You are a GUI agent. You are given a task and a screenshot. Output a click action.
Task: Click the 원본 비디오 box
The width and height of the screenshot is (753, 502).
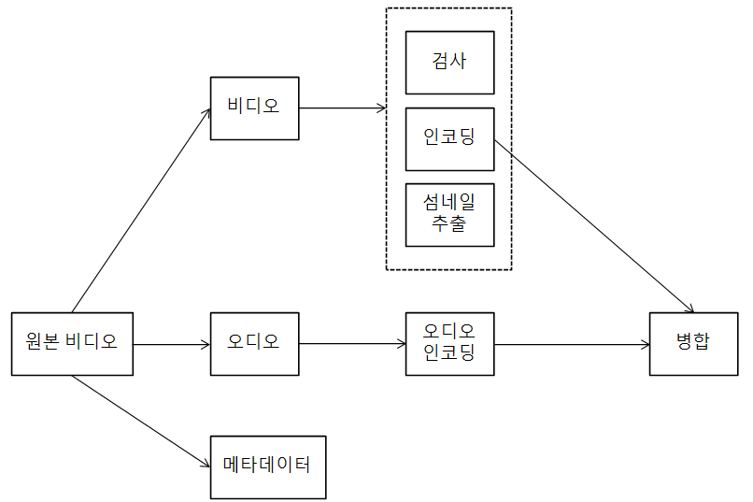coord(72,344)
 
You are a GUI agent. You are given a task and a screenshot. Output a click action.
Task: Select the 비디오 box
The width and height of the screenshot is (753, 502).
coord(254,108)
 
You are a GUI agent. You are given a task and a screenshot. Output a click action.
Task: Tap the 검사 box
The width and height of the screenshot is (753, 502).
coord(449,63)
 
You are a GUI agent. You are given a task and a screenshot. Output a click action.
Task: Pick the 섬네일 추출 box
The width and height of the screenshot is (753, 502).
coord(449,215)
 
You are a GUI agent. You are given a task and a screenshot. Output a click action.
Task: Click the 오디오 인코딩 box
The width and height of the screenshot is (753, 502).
coord(449,344)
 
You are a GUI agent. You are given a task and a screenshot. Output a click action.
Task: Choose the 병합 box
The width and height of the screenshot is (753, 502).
coord(692,344)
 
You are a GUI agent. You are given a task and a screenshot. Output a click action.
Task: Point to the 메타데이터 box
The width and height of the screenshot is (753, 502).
coord(268,466)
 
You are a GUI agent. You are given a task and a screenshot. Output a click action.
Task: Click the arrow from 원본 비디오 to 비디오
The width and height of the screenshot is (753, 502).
coord(140,210)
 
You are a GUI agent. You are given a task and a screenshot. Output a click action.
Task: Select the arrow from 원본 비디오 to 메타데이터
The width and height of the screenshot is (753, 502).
coord(140,420)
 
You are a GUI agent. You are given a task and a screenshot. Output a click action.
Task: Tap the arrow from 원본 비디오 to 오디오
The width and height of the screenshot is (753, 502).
coord(172,345)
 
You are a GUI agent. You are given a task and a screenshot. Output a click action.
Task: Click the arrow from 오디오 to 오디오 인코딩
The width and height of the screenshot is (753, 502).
coord(352,344)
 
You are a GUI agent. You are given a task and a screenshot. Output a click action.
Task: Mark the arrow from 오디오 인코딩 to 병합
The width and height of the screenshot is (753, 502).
coord(572,345)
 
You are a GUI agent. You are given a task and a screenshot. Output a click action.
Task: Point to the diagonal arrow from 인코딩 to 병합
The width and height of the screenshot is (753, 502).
coord(594,226)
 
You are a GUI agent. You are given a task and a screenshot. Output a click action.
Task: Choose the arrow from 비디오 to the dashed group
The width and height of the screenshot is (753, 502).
coord(342,108)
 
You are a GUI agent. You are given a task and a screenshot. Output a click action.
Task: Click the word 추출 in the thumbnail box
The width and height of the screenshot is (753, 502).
coord(449,225)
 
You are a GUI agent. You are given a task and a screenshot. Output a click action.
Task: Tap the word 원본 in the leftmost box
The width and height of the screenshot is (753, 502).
coord(43,342)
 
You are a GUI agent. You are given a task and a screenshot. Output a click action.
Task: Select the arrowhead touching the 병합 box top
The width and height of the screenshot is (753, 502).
coord(691,309)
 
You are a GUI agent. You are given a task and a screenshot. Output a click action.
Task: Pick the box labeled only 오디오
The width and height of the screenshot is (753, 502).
coord(254,344)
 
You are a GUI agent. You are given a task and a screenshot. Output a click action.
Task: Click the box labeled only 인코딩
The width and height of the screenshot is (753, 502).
coord(449,139)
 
